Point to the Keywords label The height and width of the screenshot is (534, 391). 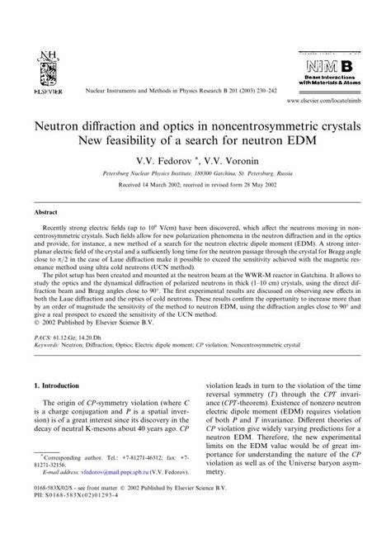click(x=49, y=357)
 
